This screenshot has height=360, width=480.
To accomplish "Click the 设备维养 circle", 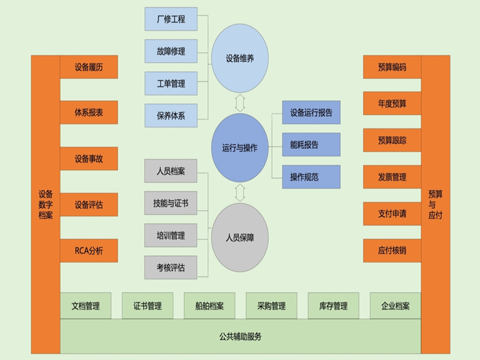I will click(x=239, y=58).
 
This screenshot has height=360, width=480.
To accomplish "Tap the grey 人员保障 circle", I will click(x=239, y=237).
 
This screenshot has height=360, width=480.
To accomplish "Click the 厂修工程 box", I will click(x=171, y=19).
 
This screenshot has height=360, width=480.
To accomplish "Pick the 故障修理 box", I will click(x=171, y=51).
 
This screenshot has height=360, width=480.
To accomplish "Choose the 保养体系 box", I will click(x=171, y=115).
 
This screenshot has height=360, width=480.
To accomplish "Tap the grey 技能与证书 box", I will click(x=171, y=203).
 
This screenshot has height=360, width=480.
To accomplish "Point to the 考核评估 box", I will click(x=171, y=267).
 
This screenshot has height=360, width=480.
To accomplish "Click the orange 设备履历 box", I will click(x=89, y=67).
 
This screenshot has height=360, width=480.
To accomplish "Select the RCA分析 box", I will click(x=89, y=250).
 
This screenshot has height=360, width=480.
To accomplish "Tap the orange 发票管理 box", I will click(x=392, y=177).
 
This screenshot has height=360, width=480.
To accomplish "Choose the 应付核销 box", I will click(x=392, y=250).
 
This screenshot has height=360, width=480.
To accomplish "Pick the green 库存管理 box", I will click(x=333, y=306).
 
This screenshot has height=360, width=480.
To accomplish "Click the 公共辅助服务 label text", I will click(x=241, y=337).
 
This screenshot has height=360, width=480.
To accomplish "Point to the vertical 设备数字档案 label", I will click(x=46, y=204).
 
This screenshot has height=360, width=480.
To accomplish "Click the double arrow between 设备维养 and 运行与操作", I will click(x=240, y=102).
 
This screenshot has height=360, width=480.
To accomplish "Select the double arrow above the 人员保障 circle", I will click(x=240, y=193).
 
